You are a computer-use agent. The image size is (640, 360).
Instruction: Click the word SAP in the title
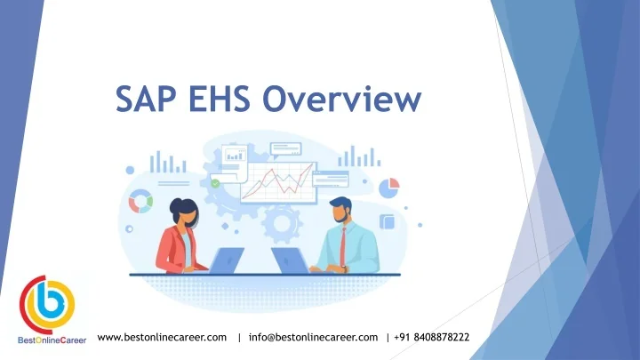(x=146, y=98)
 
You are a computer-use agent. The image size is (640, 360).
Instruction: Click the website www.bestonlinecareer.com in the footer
(x=162, y=338)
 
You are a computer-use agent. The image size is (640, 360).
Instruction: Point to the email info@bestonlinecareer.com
(x=314, y=338)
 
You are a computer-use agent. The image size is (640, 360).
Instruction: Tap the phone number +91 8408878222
(x=432, y=338)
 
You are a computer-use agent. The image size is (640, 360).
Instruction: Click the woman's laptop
(x=226, y=260)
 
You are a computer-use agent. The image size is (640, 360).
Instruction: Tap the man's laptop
(x=289, y=260)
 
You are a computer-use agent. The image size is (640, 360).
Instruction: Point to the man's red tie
(x=341, y=248)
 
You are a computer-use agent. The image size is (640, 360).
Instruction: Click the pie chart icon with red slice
(x=389, y=188)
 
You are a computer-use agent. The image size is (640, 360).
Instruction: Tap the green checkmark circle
(x=214, y=184)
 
